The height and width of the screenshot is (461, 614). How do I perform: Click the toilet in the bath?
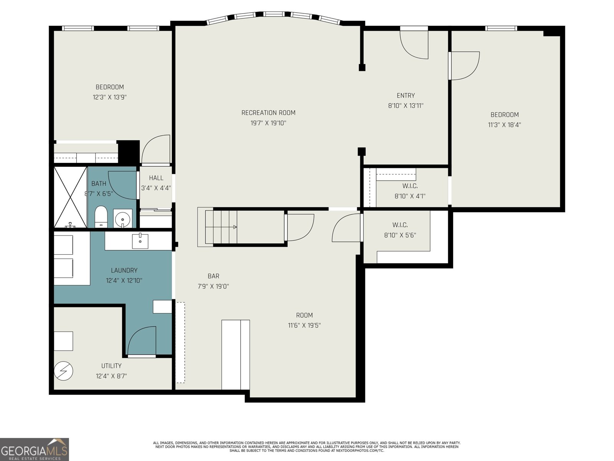(x=101, y=217)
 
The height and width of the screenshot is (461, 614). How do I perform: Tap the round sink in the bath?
(x=123, y=218)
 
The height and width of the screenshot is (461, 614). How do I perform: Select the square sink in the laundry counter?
(x=140, y=241)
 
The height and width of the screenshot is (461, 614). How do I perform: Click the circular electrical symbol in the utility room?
(x=63, y=371)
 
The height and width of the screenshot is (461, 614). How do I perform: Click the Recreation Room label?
(x=268, y=113)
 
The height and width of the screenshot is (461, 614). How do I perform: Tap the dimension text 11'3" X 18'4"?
(x=504, y=125)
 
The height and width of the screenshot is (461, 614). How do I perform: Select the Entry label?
(x=406, y=95)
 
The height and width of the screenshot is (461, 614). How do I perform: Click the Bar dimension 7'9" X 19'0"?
(x=213, y=286)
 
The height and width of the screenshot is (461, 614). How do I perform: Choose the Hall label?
(x=156, y=178)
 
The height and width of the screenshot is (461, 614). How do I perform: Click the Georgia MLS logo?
(x=35, y=449)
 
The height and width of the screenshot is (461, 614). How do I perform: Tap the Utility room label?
(x=111, y=366)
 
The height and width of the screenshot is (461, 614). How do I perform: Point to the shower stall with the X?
(x=71, y=197)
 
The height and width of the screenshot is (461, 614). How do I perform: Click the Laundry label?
(x=124, y=270)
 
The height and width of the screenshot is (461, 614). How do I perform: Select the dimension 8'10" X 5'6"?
(x=400, y=235)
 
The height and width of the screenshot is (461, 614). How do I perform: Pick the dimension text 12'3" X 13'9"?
(x=110, y=98)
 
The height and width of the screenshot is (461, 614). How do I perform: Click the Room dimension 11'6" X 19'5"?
(x=304, y=325)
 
